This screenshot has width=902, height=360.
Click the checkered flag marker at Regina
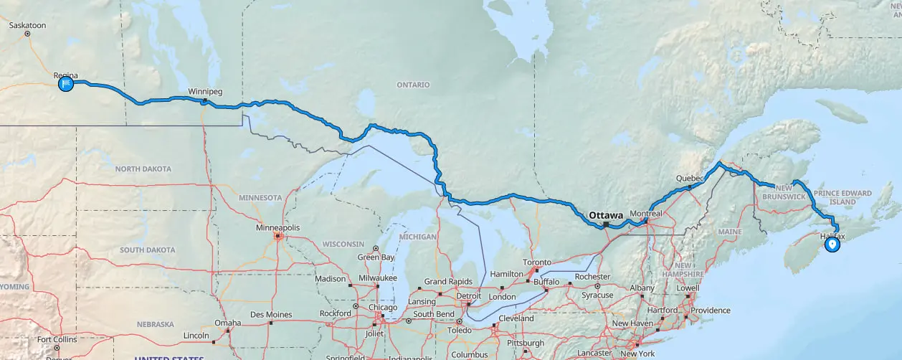click(65, 84)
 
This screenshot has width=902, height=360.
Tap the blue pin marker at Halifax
click(832, 245)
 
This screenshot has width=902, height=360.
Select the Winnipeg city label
click(205, 92)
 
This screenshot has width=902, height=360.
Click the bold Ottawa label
click(605, 215)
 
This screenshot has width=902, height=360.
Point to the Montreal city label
click(645, 214)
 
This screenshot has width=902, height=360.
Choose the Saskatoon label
click(27, 25)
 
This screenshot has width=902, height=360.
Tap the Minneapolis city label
click(277, 227)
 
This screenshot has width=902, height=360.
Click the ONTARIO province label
click(413, 85)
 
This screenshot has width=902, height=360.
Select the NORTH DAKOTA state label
click(143, 169)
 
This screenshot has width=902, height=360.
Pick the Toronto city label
click(536, 262)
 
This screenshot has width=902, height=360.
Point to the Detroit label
click(469, 295)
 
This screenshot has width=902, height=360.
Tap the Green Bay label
click(377, 257)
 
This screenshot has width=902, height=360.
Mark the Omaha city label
click(227, 323)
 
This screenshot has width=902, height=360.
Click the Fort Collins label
click(56, 339)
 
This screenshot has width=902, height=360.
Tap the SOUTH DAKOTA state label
click(147, 250)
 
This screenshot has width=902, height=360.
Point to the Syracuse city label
click(597, 295)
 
